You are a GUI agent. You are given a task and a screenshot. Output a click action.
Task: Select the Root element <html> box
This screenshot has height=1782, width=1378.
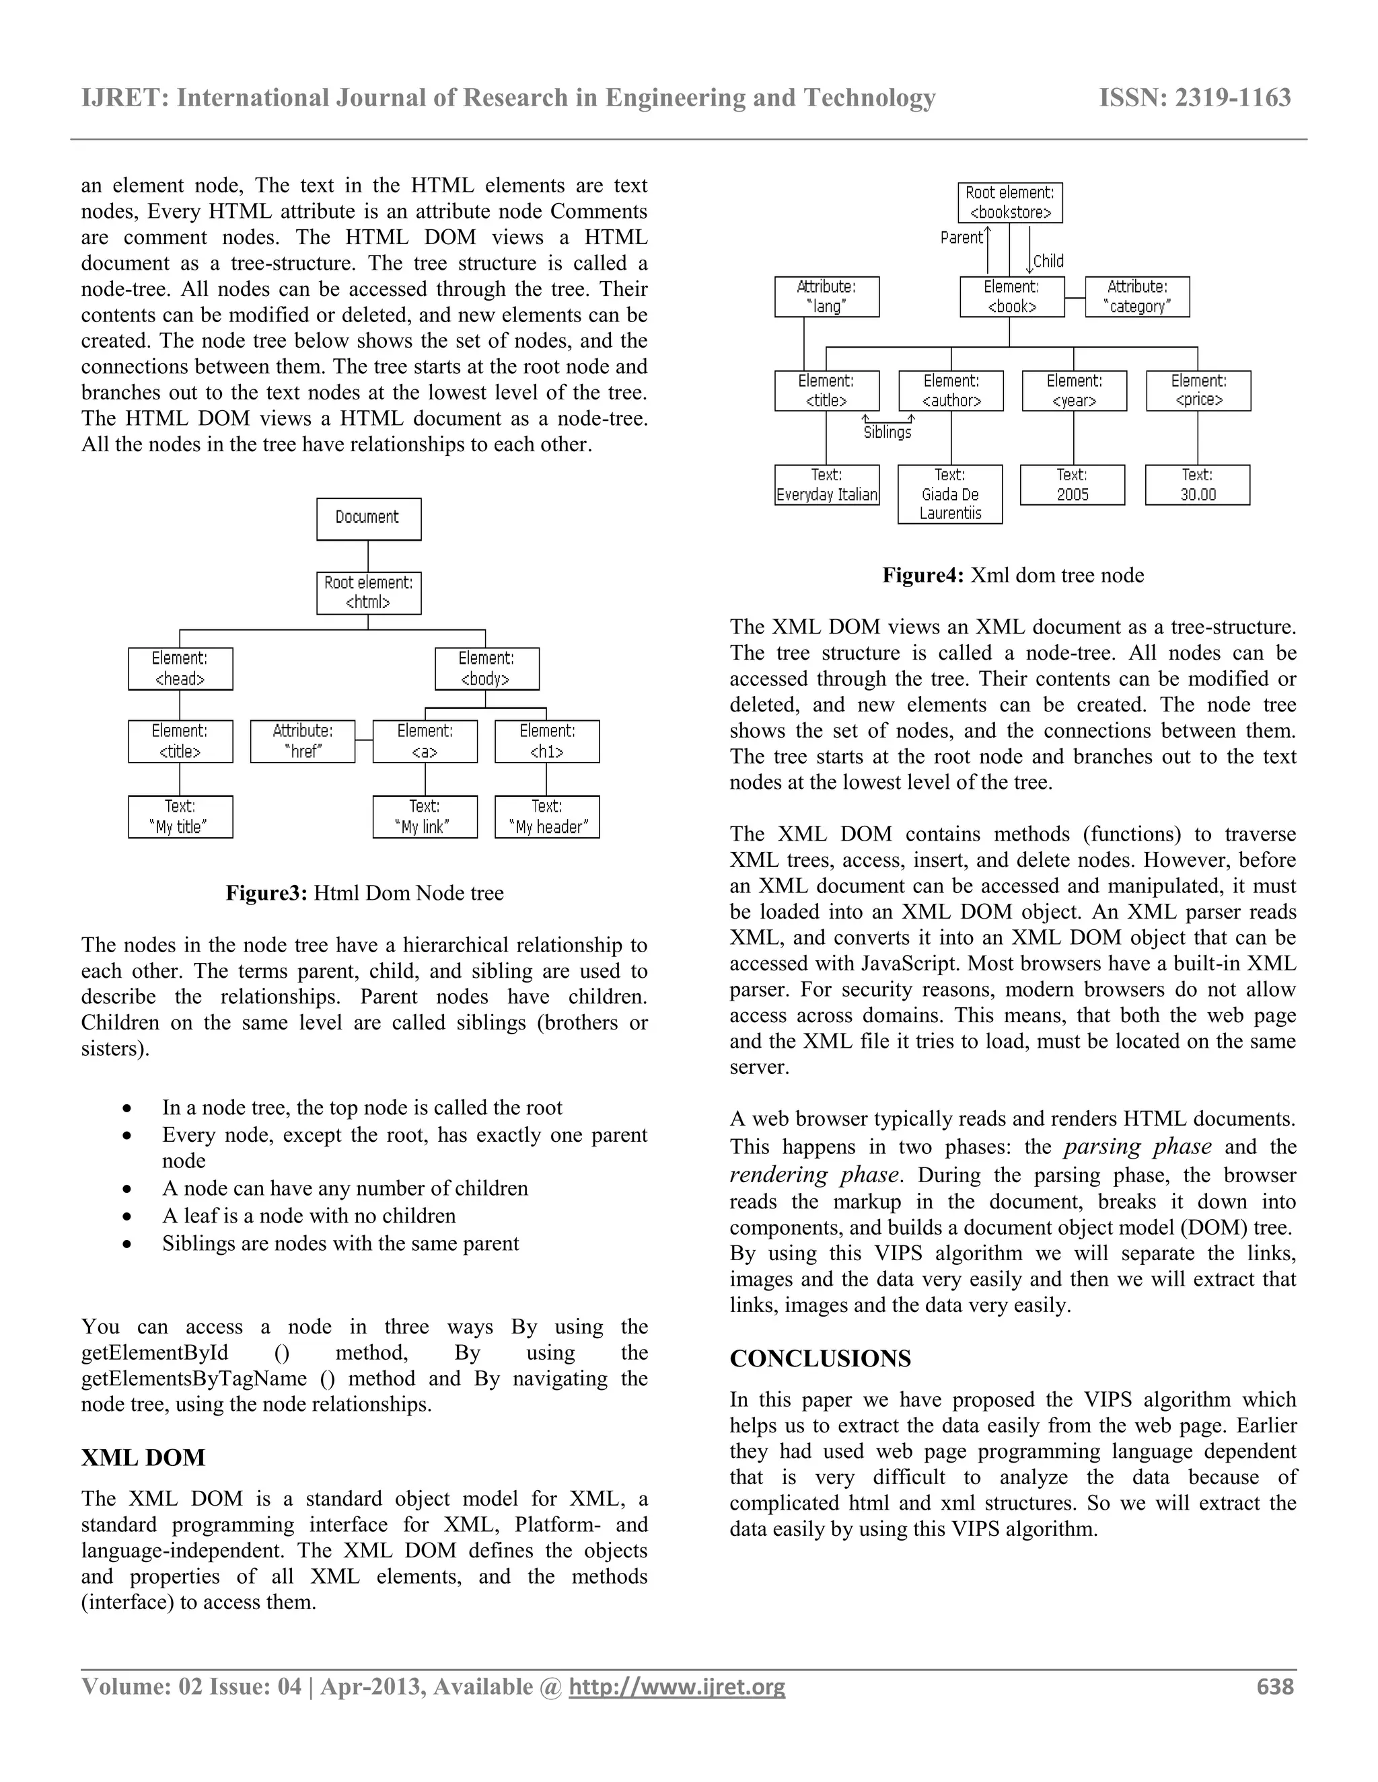pos(369,593)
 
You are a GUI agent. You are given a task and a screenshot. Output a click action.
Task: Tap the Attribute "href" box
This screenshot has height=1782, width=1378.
pos(303,741)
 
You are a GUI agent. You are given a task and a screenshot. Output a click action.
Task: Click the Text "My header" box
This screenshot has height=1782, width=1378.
pos(547,817)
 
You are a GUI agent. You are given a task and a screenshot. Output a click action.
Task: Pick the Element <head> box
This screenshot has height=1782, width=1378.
pos(180,668)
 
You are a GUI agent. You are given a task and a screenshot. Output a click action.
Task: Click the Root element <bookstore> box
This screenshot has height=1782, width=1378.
pos(1010,202)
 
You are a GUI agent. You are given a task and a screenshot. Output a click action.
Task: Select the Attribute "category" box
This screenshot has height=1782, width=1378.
pos(1137,296)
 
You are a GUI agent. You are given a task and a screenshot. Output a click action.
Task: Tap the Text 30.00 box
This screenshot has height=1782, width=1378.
pos(1198,485)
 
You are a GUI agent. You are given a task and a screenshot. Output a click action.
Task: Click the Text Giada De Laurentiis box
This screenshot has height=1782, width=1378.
pos(950,494)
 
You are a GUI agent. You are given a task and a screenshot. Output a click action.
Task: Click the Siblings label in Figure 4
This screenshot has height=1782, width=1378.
pos(887,432)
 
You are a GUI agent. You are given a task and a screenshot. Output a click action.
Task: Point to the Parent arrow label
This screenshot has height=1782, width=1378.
pos(962,237)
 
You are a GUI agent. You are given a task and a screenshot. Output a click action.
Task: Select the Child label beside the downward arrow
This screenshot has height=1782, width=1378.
pos(1048,261)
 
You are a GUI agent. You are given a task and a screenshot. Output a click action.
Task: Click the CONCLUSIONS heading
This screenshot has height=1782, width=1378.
pos(820,1359)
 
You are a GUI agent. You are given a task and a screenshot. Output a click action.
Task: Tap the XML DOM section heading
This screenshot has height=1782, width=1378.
pos(143,1458)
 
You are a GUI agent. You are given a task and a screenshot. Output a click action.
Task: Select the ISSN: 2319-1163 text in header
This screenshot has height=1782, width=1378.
pos(1194,98)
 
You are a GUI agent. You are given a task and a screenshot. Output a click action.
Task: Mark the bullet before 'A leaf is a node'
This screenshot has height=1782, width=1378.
pos(126,1216)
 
